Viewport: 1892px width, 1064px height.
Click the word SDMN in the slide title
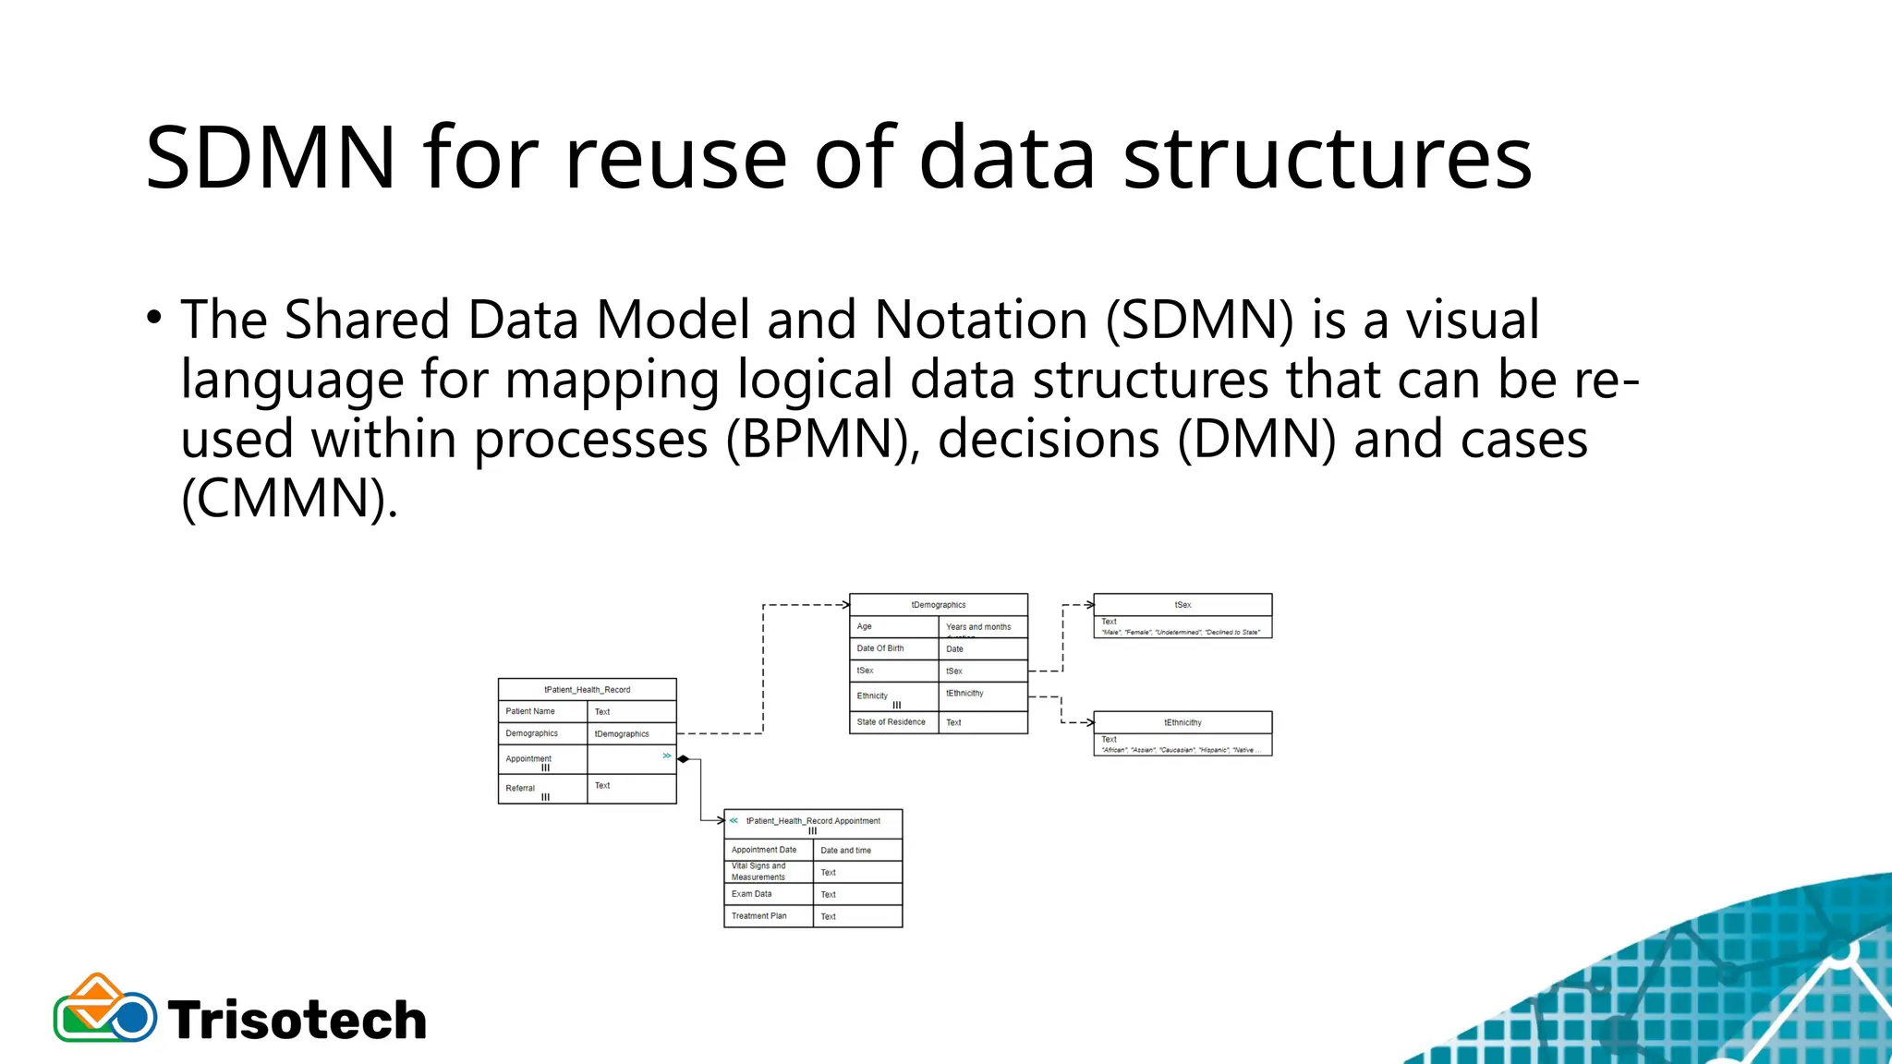click(x=270, y=159)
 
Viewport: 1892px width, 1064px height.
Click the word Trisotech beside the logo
click(x=297, y=1021)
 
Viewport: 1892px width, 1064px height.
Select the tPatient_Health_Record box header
click(x=587, y=690)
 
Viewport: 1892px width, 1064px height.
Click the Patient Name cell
click(x=542, y=711)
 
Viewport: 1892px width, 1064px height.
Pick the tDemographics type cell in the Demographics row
click(x=632, y=734)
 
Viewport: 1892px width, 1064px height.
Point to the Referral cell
click(x=542, y=789)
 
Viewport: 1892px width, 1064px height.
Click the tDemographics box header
click(x=938, y=605)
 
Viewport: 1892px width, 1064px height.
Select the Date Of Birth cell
click(x=893, y=648)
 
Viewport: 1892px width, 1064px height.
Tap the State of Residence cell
click(x=893, y=722)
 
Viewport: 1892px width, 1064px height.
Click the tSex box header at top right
click(x=1182, y=605)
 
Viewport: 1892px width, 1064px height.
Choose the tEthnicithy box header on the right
click(x=1182, y=722)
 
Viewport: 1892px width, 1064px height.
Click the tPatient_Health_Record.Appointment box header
click(x=813, y=821)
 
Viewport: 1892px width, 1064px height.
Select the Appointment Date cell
click(x=768, y=850)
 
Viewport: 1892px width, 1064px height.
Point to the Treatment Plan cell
click(x=768, y=916)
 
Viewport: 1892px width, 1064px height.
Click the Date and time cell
click(x=857, y=851)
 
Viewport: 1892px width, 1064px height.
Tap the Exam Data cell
click(x=768, y=894)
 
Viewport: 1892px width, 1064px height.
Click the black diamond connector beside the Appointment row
click(x=684, y=759)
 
